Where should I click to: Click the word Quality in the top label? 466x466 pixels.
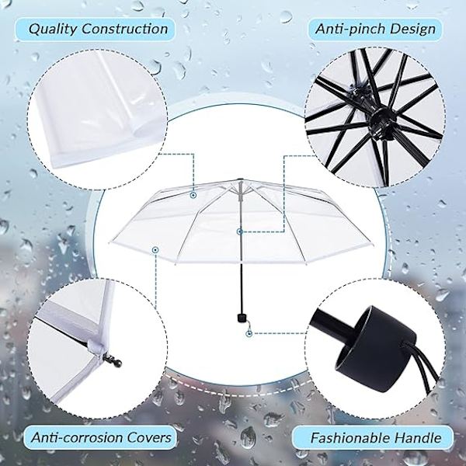pyautogui.click(x=53, y=30)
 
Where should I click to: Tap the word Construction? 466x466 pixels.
pyautogui.click(x=125, y=29)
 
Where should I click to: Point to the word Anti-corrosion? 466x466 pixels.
pyautogui.click(x=77, y=437)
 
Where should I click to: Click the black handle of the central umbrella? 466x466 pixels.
pyautogui.click(x=242, y=317)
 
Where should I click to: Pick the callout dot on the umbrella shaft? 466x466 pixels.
pyautogui.click(x=240, y=231)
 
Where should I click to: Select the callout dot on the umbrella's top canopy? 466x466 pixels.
pyautogui.click(x=193, y=195)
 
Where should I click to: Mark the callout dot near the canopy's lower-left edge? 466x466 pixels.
pyautogui.click(x=155, y=250)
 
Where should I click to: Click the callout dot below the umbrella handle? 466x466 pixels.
pyautogui.click(x=249, y=334)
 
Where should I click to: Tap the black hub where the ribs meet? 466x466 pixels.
pyautogui.click(x=381, y=120)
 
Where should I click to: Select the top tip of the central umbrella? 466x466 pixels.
pyautogui.click(x=240, y=179)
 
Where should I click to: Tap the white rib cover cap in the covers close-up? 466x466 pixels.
pyautogui.click(x=96, y=347)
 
